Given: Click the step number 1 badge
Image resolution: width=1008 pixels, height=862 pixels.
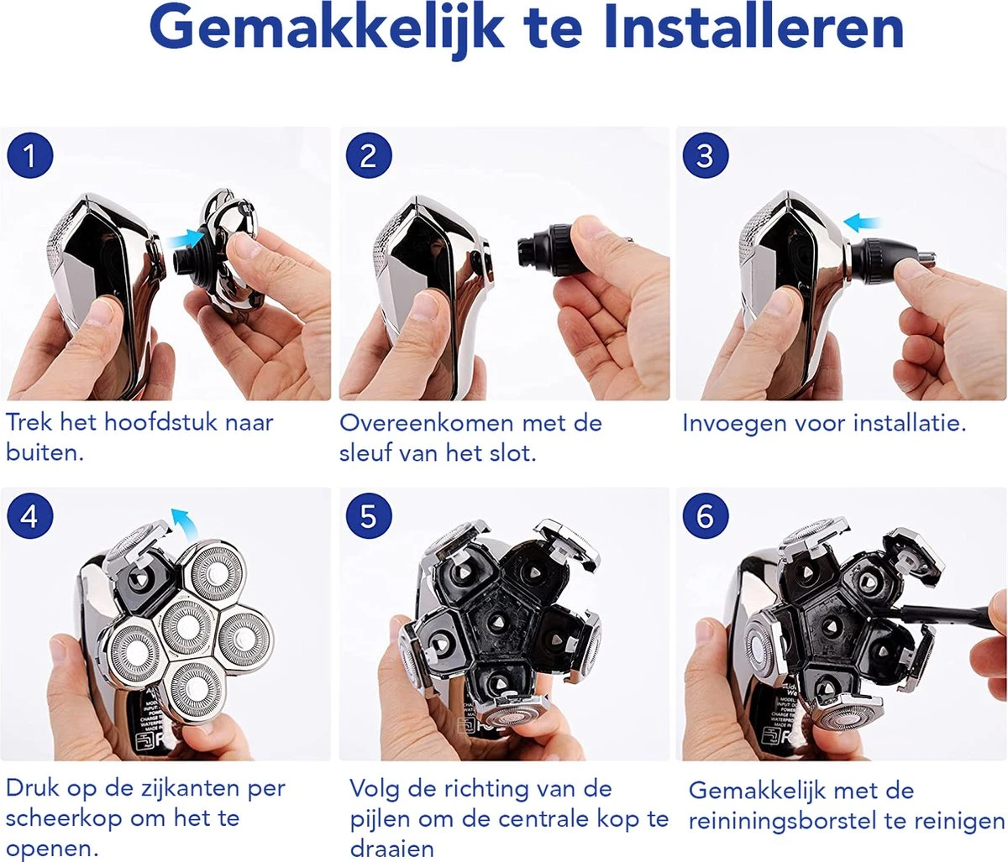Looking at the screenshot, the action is [29, 156].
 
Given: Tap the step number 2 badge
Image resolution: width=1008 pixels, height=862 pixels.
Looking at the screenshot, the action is [369, 156].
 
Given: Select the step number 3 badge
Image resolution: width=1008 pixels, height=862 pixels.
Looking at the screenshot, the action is [706, 156].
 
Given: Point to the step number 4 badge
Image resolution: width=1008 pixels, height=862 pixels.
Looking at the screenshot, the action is [29, 515].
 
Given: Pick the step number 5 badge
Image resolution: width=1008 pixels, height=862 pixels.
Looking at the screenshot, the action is [369, 515].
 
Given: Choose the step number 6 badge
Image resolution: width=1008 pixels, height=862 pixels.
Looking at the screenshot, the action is [706, 515].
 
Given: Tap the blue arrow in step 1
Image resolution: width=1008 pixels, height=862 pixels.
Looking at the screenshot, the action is [186, 240].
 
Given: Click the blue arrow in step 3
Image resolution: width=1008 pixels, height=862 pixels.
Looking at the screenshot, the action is [861, 223].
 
